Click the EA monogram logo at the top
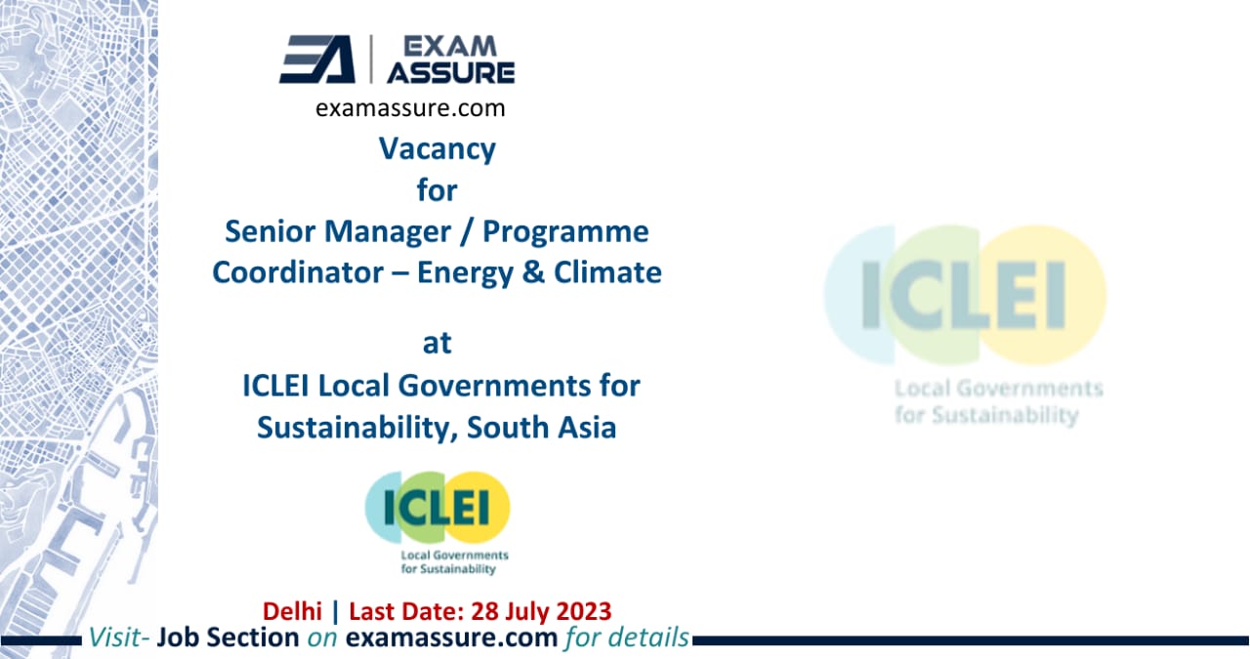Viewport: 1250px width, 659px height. click(x=317, y=60)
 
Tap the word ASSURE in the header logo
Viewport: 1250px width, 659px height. click(x=451, y=73)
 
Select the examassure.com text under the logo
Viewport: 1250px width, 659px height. click(x=411, y=108)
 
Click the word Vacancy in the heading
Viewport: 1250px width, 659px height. click(x=437, y=148)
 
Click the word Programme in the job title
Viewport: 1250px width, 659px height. click(x=567, y=231)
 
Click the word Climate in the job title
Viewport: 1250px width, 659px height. click(x=605, y=271)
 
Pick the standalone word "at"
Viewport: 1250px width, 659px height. click(x=437, y=344)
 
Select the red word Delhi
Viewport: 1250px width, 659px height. click(x=293, y=612)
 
